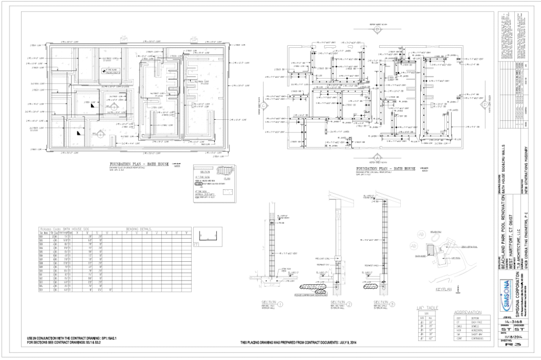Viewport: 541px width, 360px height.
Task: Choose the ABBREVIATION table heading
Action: click(466, 312)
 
